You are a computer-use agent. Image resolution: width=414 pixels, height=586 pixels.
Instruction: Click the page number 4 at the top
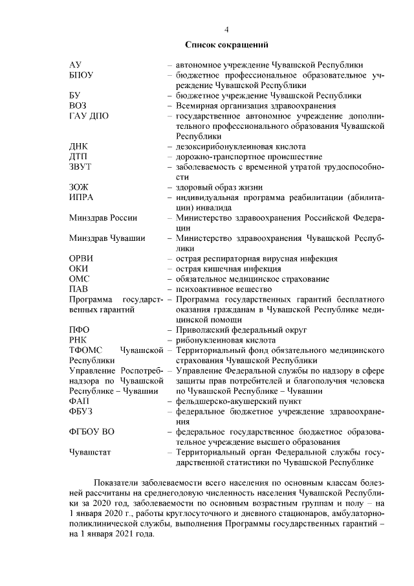coord(226,30)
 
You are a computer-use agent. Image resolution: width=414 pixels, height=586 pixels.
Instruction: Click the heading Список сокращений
coord(226,45)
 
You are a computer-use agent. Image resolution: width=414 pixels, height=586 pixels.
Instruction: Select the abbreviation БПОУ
coord(82,75)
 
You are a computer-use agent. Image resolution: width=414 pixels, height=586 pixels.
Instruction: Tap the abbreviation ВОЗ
coord(78,106)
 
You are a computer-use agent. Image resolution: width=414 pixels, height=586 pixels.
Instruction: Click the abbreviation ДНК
coord(78,147)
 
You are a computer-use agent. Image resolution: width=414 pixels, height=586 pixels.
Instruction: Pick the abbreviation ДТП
coord(78,157)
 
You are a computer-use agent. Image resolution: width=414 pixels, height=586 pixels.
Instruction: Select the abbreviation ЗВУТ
coord(80,167)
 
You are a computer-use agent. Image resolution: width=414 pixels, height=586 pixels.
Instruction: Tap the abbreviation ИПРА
coord(82,197)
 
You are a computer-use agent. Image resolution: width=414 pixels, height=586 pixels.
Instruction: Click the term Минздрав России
coord(103,218)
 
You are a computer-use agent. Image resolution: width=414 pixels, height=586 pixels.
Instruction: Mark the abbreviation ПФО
coord(79,330)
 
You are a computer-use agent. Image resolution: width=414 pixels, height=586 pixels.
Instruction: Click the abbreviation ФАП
coord(79,401)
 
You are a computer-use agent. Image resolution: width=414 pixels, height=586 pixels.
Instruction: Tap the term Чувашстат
coord(90,453)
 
